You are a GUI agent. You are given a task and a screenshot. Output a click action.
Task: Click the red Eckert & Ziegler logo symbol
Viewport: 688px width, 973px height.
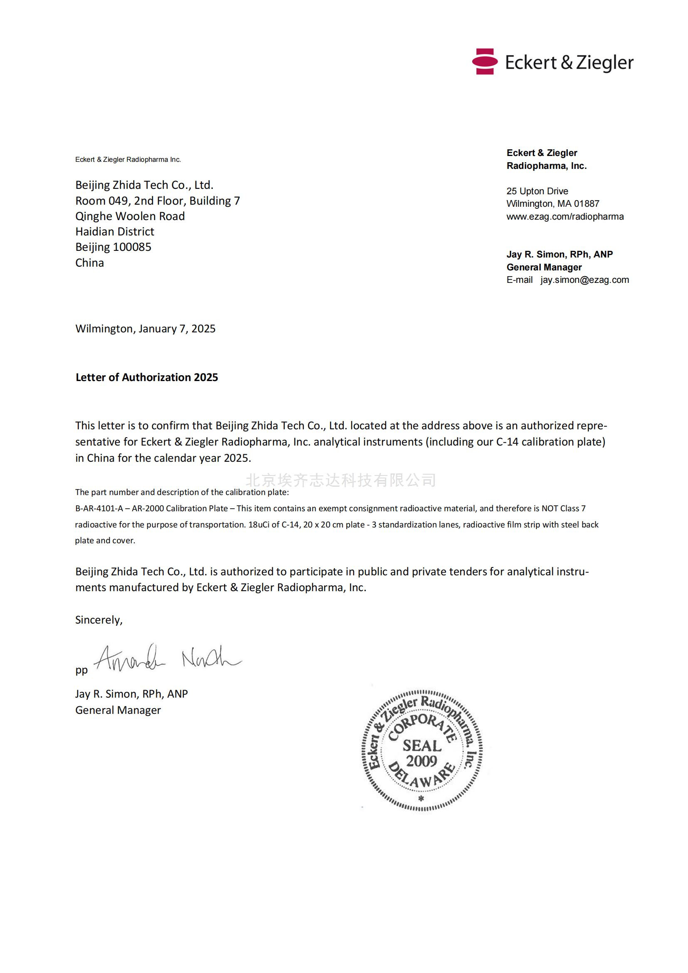coord(484,62)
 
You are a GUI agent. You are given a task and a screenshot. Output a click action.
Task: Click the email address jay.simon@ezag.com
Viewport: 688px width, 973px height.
coord(584,280)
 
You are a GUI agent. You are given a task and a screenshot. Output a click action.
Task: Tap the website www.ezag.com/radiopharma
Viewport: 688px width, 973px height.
coord(565,217)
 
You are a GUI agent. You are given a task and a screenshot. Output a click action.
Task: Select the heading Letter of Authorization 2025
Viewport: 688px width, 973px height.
coord(146,377)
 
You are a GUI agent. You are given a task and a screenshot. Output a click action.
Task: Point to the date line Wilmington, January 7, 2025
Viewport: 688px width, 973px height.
coord(145,329)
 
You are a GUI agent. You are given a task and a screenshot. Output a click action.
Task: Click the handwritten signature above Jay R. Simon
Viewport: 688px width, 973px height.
coord(167,659)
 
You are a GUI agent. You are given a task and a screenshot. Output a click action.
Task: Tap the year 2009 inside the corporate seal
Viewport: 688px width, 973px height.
coord(421,761)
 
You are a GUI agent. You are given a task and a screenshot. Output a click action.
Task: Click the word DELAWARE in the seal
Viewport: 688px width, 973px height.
coord(421,777)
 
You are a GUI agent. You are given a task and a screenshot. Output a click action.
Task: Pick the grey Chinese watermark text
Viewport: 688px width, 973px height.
coord(341,480)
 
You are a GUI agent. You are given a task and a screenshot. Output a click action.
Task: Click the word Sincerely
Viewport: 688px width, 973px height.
coord(99,620)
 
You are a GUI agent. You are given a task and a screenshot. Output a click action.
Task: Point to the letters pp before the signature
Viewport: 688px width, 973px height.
coord(82,670)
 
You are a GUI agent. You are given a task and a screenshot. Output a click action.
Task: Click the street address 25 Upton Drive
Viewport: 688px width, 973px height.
coord(537,191)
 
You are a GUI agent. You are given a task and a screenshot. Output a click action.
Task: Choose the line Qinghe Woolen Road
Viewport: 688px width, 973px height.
coord(130,216)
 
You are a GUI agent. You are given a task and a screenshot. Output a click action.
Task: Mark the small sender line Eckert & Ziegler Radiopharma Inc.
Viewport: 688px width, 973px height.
coord(128,159)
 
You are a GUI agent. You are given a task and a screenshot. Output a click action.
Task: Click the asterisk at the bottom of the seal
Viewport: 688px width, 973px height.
coord(421,798)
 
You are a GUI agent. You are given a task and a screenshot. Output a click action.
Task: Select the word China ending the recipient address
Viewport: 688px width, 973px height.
coord(89,263)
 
